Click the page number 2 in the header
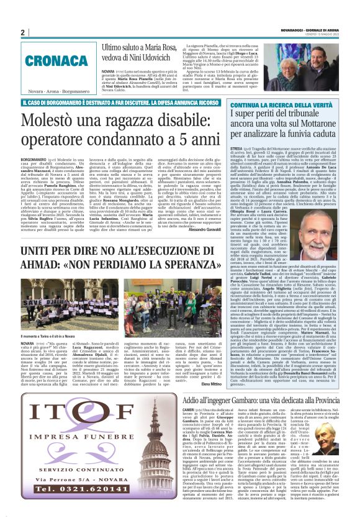pos(22,33)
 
